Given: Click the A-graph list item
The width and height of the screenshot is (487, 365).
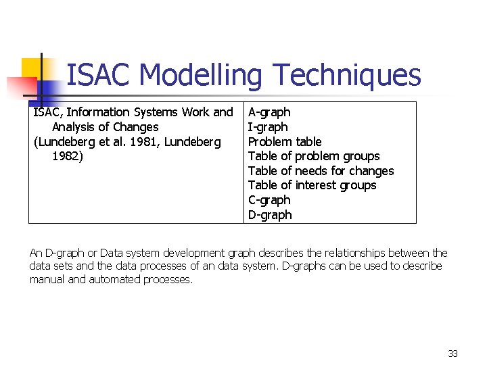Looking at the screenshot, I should coord(269,112).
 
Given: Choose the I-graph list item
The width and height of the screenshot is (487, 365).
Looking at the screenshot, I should coord(268,127).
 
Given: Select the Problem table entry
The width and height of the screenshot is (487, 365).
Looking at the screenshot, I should coord(285,142).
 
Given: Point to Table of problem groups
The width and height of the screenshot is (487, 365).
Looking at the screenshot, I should coord(314,156).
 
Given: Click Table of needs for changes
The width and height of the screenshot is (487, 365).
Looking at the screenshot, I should coord(321,171).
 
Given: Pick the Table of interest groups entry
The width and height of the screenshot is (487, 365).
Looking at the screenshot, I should coord(312,185).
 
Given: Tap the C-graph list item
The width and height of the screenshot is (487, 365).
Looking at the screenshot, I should coord(269,200).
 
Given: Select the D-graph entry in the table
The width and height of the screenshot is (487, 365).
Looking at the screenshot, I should coord(270,215).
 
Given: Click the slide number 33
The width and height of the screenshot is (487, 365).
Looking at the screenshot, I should coord(453,354).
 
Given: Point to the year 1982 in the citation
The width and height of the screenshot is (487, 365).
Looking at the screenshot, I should coord(66,156).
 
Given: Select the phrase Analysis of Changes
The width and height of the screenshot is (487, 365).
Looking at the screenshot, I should coord(105,127).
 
